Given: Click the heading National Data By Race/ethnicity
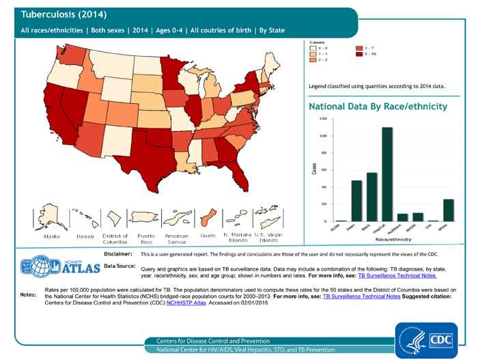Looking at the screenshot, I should pos(378,107).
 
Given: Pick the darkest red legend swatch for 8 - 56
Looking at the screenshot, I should pos(360,54).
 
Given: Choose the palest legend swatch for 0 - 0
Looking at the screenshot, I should pos(314,48).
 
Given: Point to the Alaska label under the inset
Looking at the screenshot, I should pos(52,236).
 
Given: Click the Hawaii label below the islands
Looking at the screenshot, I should pos(85,236).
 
